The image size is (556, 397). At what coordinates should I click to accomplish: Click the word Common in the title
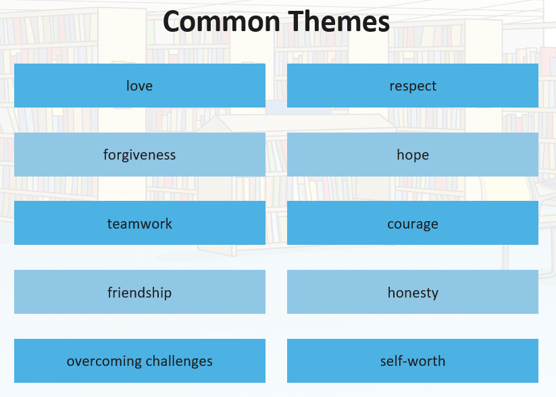tap(222, 22)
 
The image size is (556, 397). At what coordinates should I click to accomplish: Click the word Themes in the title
tap(338, 22)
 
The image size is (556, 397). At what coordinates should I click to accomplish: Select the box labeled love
tap(140, 86)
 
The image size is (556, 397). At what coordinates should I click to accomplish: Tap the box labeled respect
tap(413, 86)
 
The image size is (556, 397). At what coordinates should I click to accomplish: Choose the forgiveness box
tap(140, 154)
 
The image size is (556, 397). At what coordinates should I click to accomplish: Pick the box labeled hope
tap(413, 154)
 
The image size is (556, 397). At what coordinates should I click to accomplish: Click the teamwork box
tap(140, 223)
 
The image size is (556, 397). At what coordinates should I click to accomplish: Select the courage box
tap(413, 223)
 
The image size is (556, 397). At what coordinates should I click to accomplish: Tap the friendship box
tap(140, 292)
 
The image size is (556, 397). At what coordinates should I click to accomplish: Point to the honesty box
tap(413, 292)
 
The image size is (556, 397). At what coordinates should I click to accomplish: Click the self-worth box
tap(413, 360)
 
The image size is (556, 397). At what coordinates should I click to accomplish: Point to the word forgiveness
tap(140, 156)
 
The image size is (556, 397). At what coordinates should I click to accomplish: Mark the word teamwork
tap(140, 224)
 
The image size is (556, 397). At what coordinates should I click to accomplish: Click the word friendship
tap(140, 293)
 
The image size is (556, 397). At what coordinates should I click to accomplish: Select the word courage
tap(413, 225)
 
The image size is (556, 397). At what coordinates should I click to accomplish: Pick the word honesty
tap(413, 294)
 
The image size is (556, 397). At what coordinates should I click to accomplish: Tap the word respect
tap(413, 87)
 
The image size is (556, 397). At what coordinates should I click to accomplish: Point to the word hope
tap(413, 156)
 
